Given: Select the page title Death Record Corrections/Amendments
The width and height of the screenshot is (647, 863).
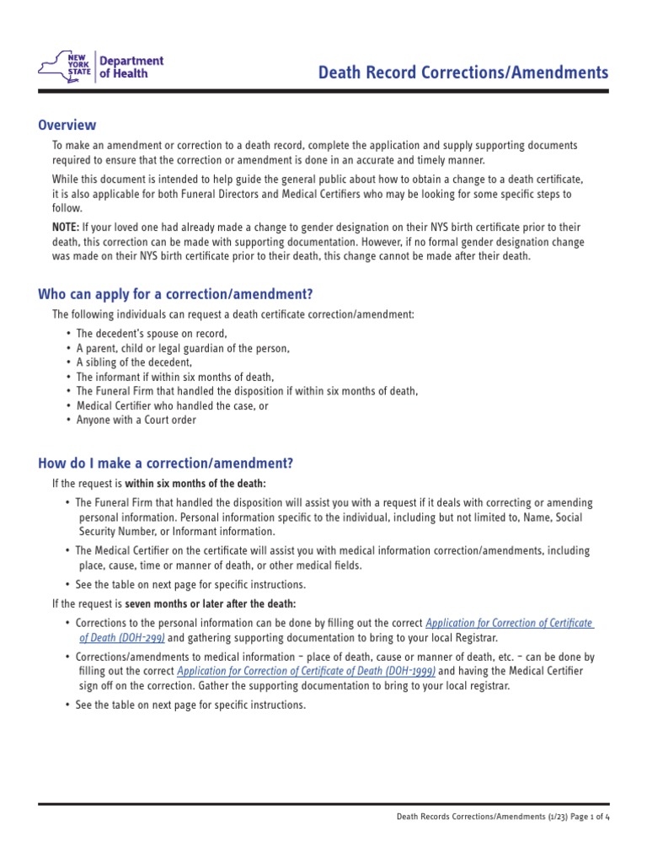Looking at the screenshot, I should coord(463,73).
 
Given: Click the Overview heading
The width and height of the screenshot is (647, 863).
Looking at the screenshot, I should coord(67,125).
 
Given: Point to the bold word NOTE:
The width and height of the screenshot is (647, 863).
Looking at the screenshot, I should coord(66,228).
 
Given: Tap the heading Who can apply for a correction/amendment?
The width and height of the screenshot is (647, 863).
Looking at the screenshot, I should coord(175,293).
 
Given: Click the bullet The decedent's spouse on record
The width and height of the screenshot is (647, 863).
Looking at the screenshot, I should coord(152,333).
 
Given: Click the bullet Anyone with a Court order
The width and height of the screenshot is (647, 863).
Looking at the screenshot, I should coord(136,420).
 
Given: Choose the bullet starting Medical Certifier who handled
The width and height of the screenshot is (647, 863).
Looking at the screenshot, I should coord(172,405).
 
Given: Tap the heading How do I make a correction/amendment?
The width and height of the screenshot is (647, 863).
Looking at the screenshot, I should coord(165,463).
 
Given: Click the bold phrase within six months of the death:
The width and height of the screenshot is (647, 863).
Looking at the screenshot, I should coord(195,483).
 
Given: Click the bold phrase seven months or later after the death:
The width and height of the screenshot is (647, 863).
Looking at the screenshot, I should coord(211,603).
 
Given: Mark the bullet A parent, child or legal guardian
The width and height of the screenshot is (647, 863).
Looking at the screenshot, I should coord(183,347).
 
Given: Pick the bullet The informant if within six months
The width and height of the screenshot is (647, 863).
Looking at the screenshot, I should coord(175,377).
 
